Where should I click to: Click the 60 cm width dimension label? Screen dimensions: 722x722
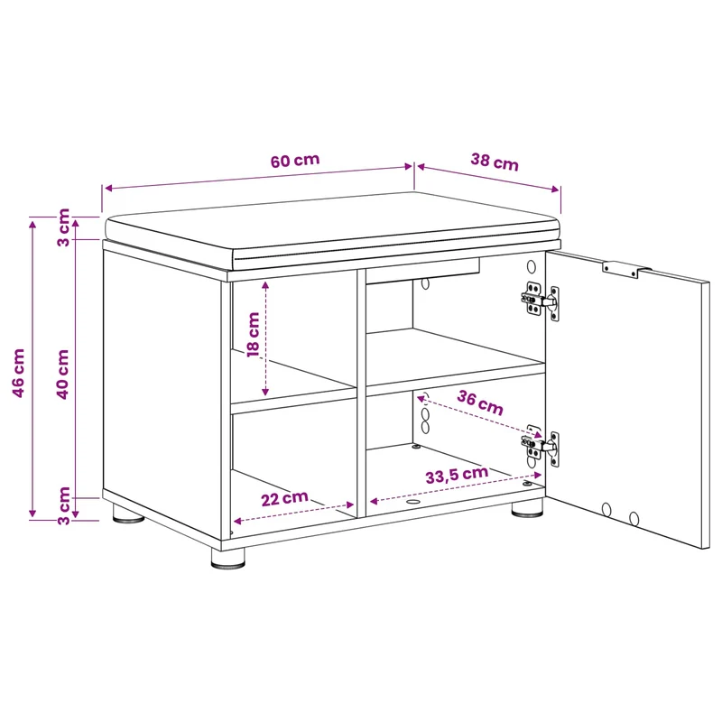point(295,161)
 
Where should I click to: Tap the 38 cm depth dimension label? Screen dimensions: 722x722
point(495,162)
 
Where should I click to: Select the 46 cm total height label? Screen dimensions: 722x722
point(18,373)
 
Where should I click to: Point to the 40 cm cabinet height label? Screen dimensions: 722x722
point(62,374)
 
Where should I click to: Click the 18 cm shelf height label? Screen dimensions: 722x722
point(254,335)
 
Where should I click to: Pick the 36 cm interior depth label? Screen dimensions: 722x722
point(480,403)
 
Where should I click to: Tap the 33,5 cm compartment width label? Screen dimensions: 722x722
point(457,475)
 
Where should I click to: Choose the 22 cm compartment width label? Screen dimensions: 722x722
point(284,498)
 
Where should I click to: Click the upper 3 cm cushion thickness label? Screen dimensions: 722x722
point(63,227)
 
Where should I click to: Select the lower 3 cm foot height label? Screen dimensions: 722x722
point(63,505)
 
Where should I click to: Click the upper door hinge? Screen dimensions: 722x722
point(541,301)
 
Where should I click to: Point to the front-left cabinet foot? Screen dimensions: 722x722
point(228,558)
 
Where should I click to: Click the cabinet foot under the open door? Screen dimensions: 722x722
point(527,508)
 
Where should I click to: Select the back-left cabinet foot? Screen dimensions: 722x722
point(128,514)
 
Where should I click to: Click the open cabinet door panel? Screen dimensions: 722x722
point(627,399)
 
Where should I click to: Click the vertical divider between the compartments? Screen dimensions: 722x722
point(361,393)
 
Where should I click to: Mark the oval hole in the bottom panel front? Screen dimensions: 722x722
point(413,502)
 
